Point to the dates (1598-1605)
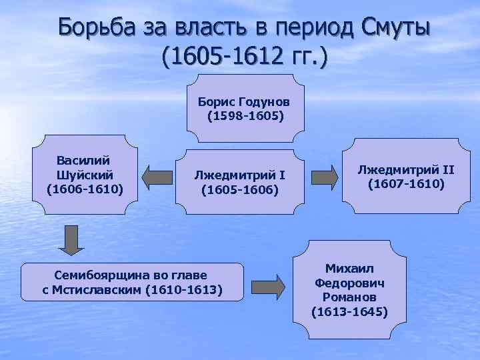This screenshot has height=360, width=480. [245, 116]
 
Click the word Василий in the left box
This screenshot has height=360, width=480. [84, 161]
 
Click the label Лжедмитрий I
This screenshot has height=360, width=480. [239, 175]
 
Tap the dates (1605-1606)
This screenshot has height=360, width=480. [239, 189]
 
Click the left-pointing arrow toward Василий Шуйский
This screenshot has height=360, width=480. [157, 177]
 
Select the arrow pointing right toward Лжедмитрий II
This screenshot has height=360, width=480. [325, 177]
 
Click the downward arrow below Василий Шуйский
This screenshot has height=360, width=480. [71, 240]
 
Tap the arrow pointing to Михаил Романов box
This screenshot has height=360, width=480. [268, 287]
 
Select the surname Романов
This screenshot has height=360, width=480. [349, 297]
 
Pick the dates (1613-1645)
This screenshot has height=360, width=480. [349, 311]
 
